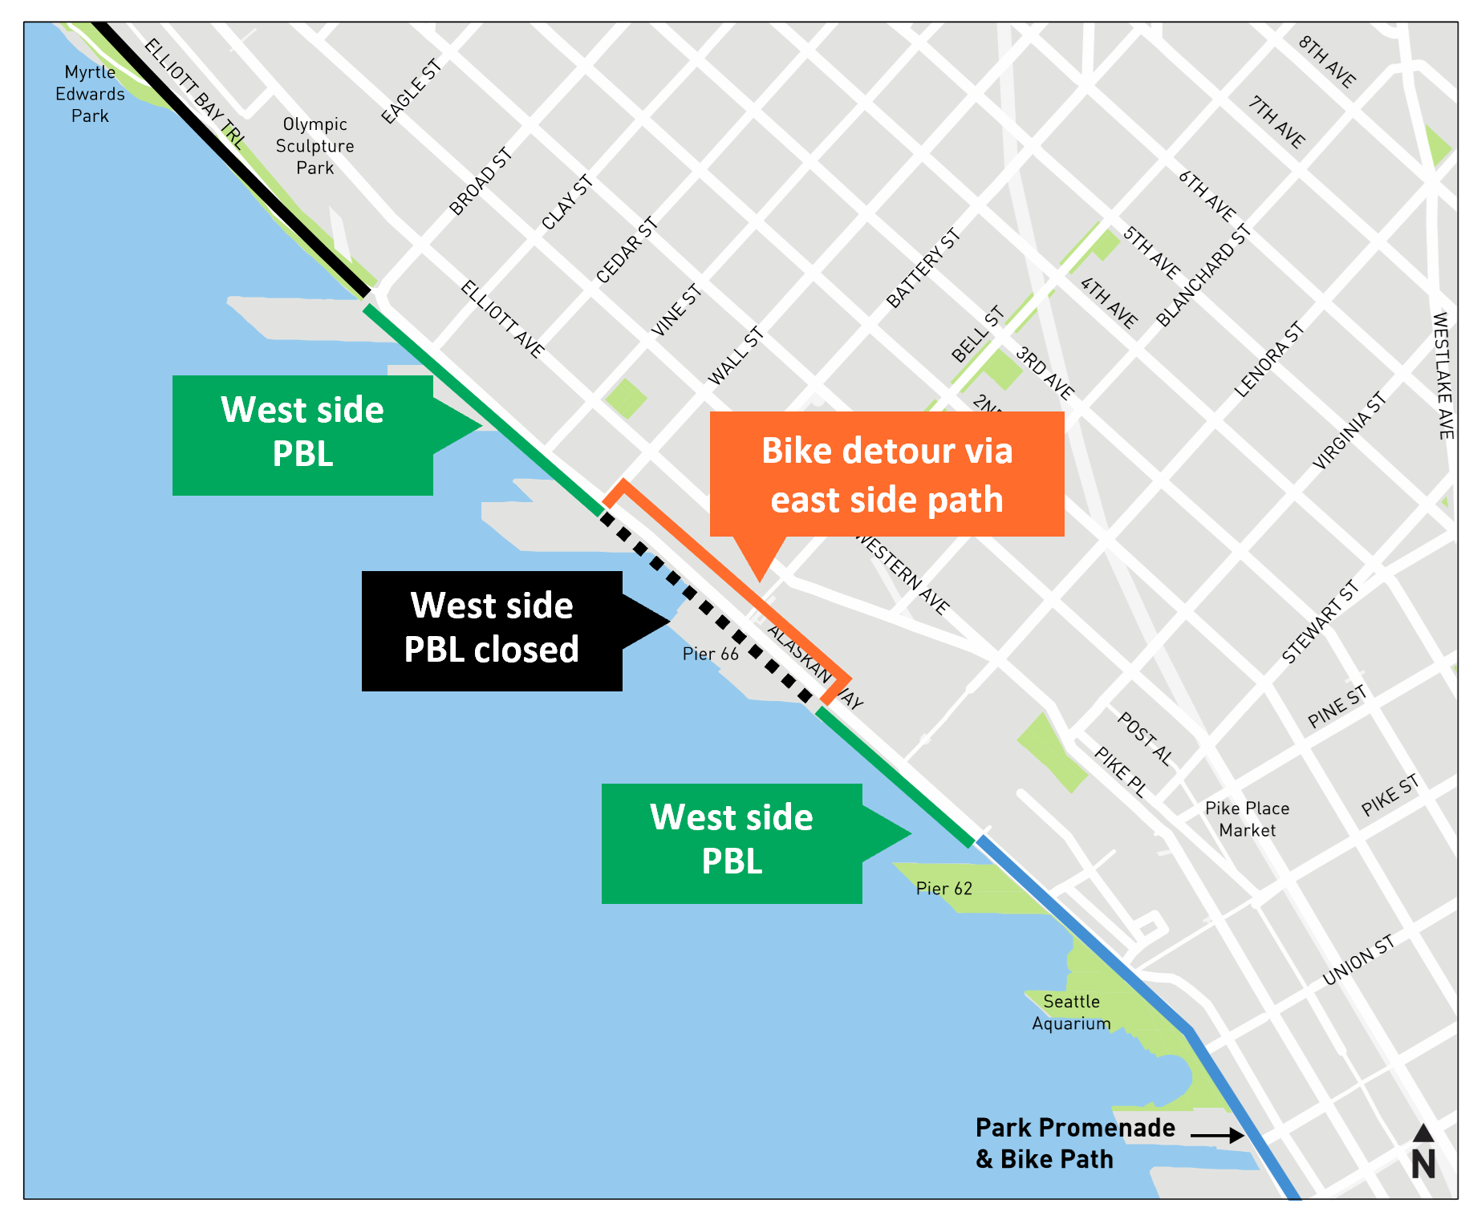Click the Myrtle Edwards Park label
[90, 94]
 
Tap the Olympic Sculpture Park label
[314, 146]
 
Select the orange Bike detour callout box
[887, 474]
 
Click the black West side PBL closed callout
[492, 630]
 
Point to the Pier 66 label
[710, 654]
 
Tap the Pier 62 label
[943, 888]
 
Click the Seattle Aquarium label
[1071, 1012]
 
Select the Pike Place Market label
[1247, 819]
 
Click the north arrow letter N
[1423, 1165]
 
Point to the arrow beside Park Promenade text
[1217, 1135]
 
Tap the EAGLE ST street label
[411, 91]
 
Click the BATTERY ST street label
[923, 269]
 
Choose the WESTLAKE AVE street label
[1442, 375]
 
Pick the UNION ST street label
[1358, 959]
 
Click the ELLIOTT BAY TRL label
[194, 93]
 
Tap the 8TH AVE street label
[1327, 62]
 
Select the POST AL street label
[1145, 739]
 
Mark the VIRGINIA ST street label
[1349, 431]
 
